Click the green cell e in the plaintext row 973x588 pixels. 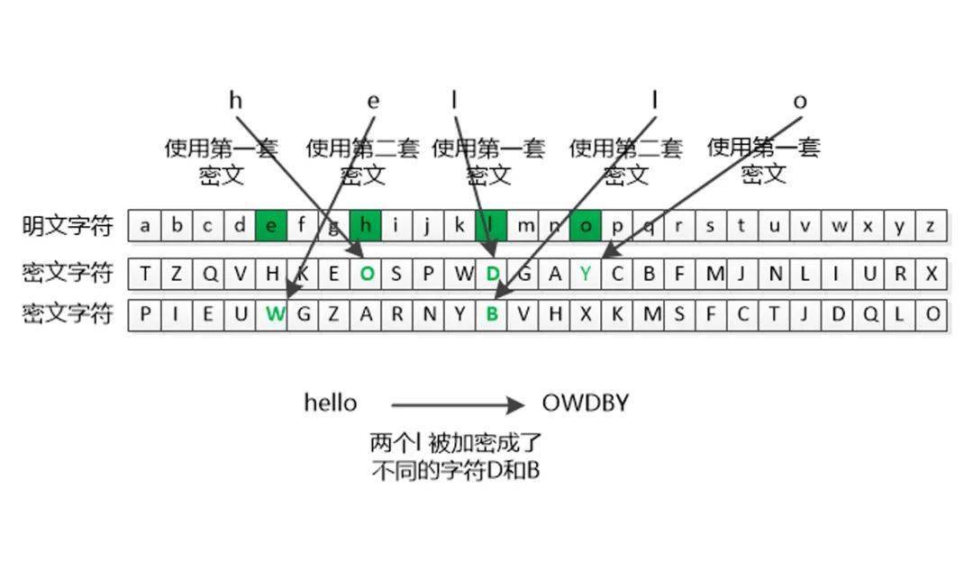coord(271,226)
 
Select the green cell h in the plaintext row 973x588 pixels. coord(366,226)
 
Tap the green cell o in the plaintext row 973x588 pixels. coord(586,226)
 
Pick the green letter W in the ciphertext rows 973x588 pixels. coord(275,314)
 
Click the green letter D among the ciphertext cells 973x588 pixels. coord(493,274)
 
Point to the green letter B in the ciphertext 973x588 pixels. coord(492,314)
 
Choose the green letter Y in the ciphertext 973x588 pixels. coord(586,274)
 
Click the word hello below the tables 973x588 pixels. coord(330,403)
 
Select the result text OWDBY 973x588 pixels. coord(586,403)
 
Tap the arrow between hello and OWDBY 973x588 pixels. coord(458,405)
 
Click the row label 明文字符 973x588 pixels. coord(68,226)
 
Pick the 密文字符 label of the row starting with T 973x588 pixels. coord(68,273)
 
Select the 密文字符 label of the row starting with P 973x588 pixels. coord(68,314)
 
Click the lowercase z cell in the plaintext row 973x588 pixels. coord(931,226)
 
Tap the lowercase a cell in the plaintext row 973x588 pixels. coord(144,226)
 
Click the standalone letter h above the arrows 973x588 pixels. coord(236,100)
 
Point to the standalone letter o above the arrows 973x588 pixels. coord(800,102)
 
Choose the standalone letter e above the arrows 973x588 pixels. coord(373,101)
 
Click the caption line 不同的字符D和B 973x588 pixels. coord(456,471)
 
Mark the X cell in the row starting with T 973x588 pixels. coord(931,274)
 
